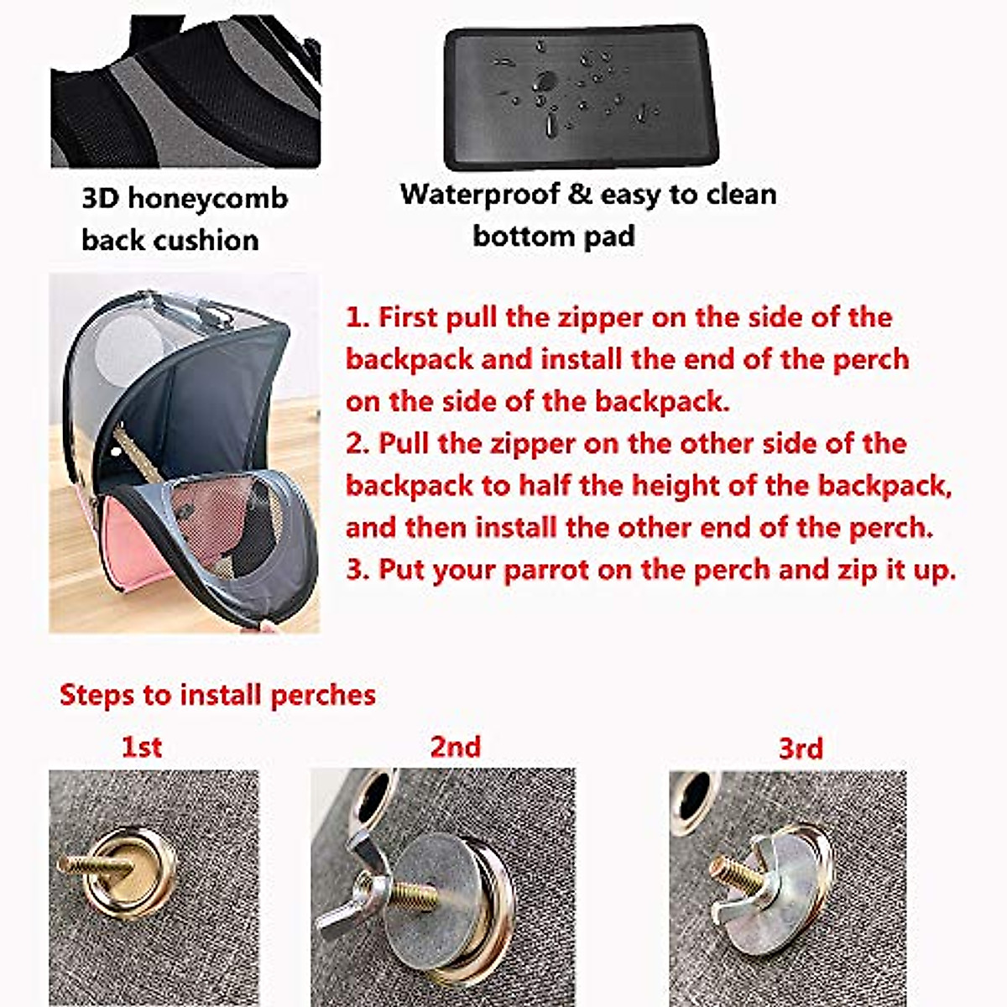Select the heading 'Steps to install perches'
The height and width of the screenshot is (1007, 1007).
click(217, 695)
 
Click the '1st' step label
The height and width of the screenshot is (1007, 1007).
click(141, 746)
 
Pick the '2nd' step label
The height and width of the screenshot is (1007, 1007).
click(455, 746)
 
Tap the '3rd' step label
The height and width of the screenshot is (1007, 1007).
click(801, 748)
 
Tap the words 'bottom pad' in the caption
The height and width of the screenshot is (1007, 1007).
click(553, 236)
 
